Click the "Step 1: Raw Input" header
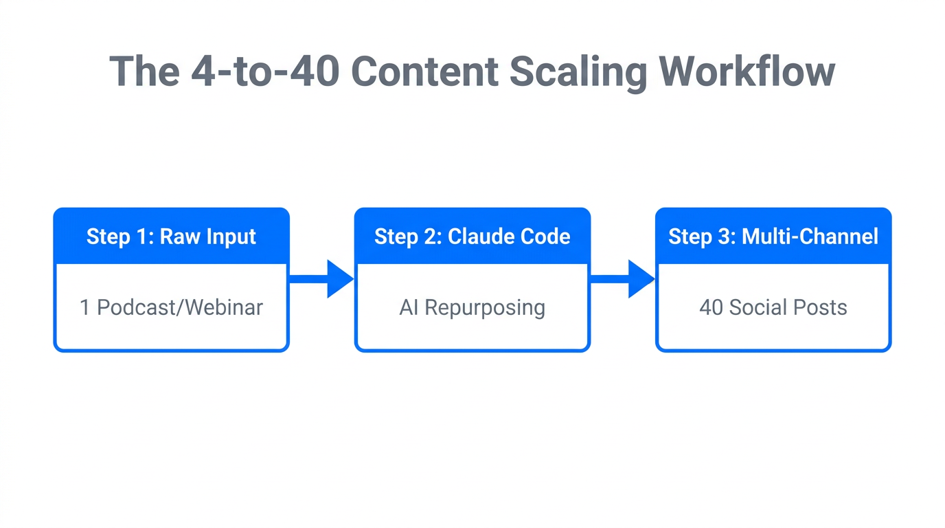click(171, 236)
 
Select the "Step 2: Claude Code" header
click(472, 236)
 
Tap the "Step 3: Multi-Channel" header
click(773, 236)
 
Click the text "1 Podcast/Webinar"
click(171, 307)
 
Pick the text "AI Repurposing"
click(472, 307)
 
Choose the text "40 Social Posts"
click(773, 307)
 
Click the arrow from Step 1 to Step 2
click(321, 278)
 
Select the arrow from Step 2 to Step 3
click(622, 278)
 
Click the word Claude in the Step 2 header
click(479, 236)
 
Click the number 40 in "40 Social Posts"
click(711, 307)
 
